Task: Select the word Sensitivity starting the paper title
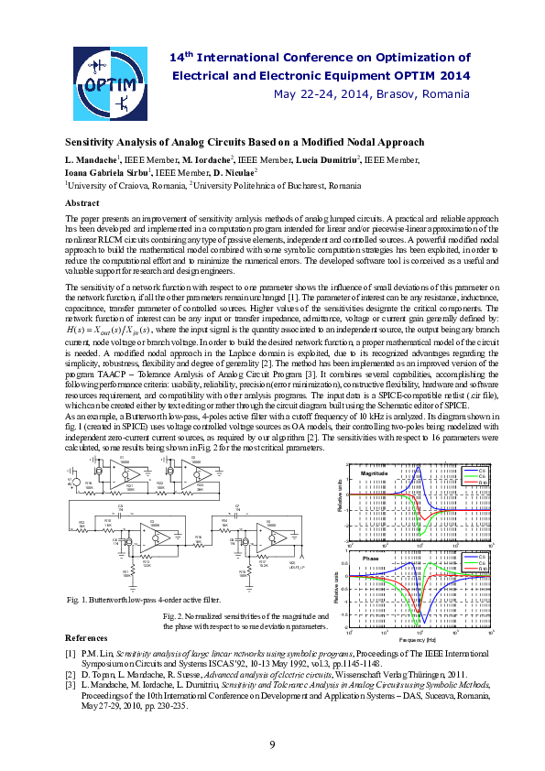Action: [x=91, y=143]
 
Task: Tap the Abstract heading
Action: [x=82, y=202]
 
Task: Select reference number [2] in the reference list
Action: [x=71, y=671]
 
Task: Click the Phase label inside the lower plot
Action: [x=370, y=558]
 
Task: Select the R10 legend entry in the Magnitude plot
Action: [x=482, y=483]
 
